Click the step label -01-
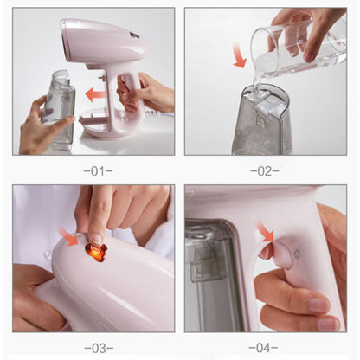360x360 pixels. tap(98, 171)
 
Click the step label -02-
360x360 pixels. tap(265, 171)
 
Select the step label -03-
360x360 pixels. tap(99, 348)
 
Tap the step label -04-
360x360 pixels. tap(263, 348)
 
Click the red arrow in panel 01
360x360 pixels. tap(96, 94)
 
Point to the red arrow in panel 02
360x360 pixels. tap(239, 55)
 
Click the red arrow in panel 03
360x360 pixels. tap(68, 237)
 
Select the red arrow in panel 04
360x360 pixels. tap(265, 231)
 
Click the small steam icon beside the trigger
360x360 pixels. tap(298, 254)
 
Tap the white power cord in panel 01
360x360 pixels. tap(158, 115)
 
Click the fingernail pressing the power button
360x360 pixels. tap(95, 240)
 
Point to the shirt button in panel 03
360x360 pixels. tap(48, 254)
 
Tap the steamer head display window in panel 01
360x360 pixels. tap(135, 36)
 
